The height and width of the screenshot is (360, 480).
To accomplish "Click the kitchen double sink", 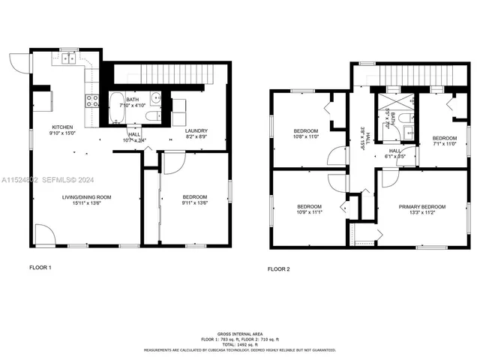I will tap(67, 56).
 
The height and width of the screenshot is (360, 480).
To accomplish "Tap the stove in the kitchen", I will tap(93, 101).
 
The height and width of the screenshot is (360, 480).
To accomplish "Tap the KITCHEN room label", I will tap(61, 127).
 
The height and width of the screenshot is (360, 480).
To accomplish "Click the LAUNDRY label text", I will tap(196, 131).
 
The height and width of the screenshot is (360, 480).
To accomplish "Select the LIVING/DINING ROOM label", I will tap(86, 196).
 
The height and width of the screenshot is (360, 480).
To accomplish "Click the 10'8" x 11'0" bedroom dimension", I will tap(305, 137).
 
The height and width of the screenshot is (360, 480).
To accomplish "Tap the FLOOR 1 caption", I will tap(40, 267).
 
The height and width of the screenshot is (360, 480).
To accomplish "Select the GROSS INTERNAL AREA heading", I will tap(239, 332).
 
